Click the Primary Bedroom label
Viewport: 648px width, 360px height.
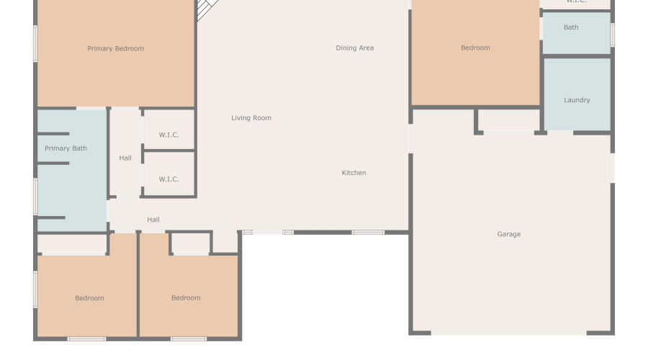[x=115, y=49]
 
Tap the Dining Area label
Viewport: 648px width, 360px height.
[x=354, y=48]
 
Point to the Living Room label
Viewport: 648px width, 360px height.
[x=251, y=118]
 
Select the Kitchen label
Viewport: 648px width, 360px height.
[x=354, y=173]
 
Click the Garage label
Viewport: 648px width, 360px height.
[x=508, y=234]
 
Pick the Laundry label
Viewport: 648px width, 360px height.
[x=577, y=100]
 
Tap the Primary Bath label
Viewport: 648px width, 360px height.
[x=66, y=148]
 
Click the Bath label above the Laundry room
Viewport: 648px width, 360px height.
[x=571, y=27]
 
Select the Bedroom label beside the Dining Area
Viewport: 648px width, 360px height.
[x=475, y=48]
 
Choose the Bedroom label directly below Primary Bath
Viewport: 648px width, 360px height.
[x=89, y=298]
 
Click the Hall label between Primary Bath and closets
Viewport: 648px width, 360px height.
[x=125, y=158]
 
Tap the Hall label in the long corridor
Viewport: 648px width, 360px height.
[x=153, y=220]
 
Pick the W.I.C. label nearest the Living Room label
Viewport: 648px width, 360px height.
[x=168, y=135]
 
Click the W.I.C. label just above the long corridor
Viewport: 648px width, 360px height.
[x=168, y=179]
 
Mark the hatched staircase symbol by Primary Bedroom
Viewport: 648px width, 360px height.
[x=208, y=9]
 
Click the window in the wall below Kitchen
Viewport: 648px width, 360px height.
[x=368, y=232]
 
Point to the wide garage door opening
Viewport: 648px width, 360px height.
[x=509, y=333]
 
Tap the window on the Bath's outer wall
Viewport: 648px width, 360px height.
[x=612, y=34]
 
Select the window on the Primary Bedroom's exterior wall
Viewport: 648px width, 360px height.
[x=35, y=43]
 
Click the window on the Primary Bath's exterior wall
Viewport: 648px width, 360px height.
[x=35, y=196]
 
